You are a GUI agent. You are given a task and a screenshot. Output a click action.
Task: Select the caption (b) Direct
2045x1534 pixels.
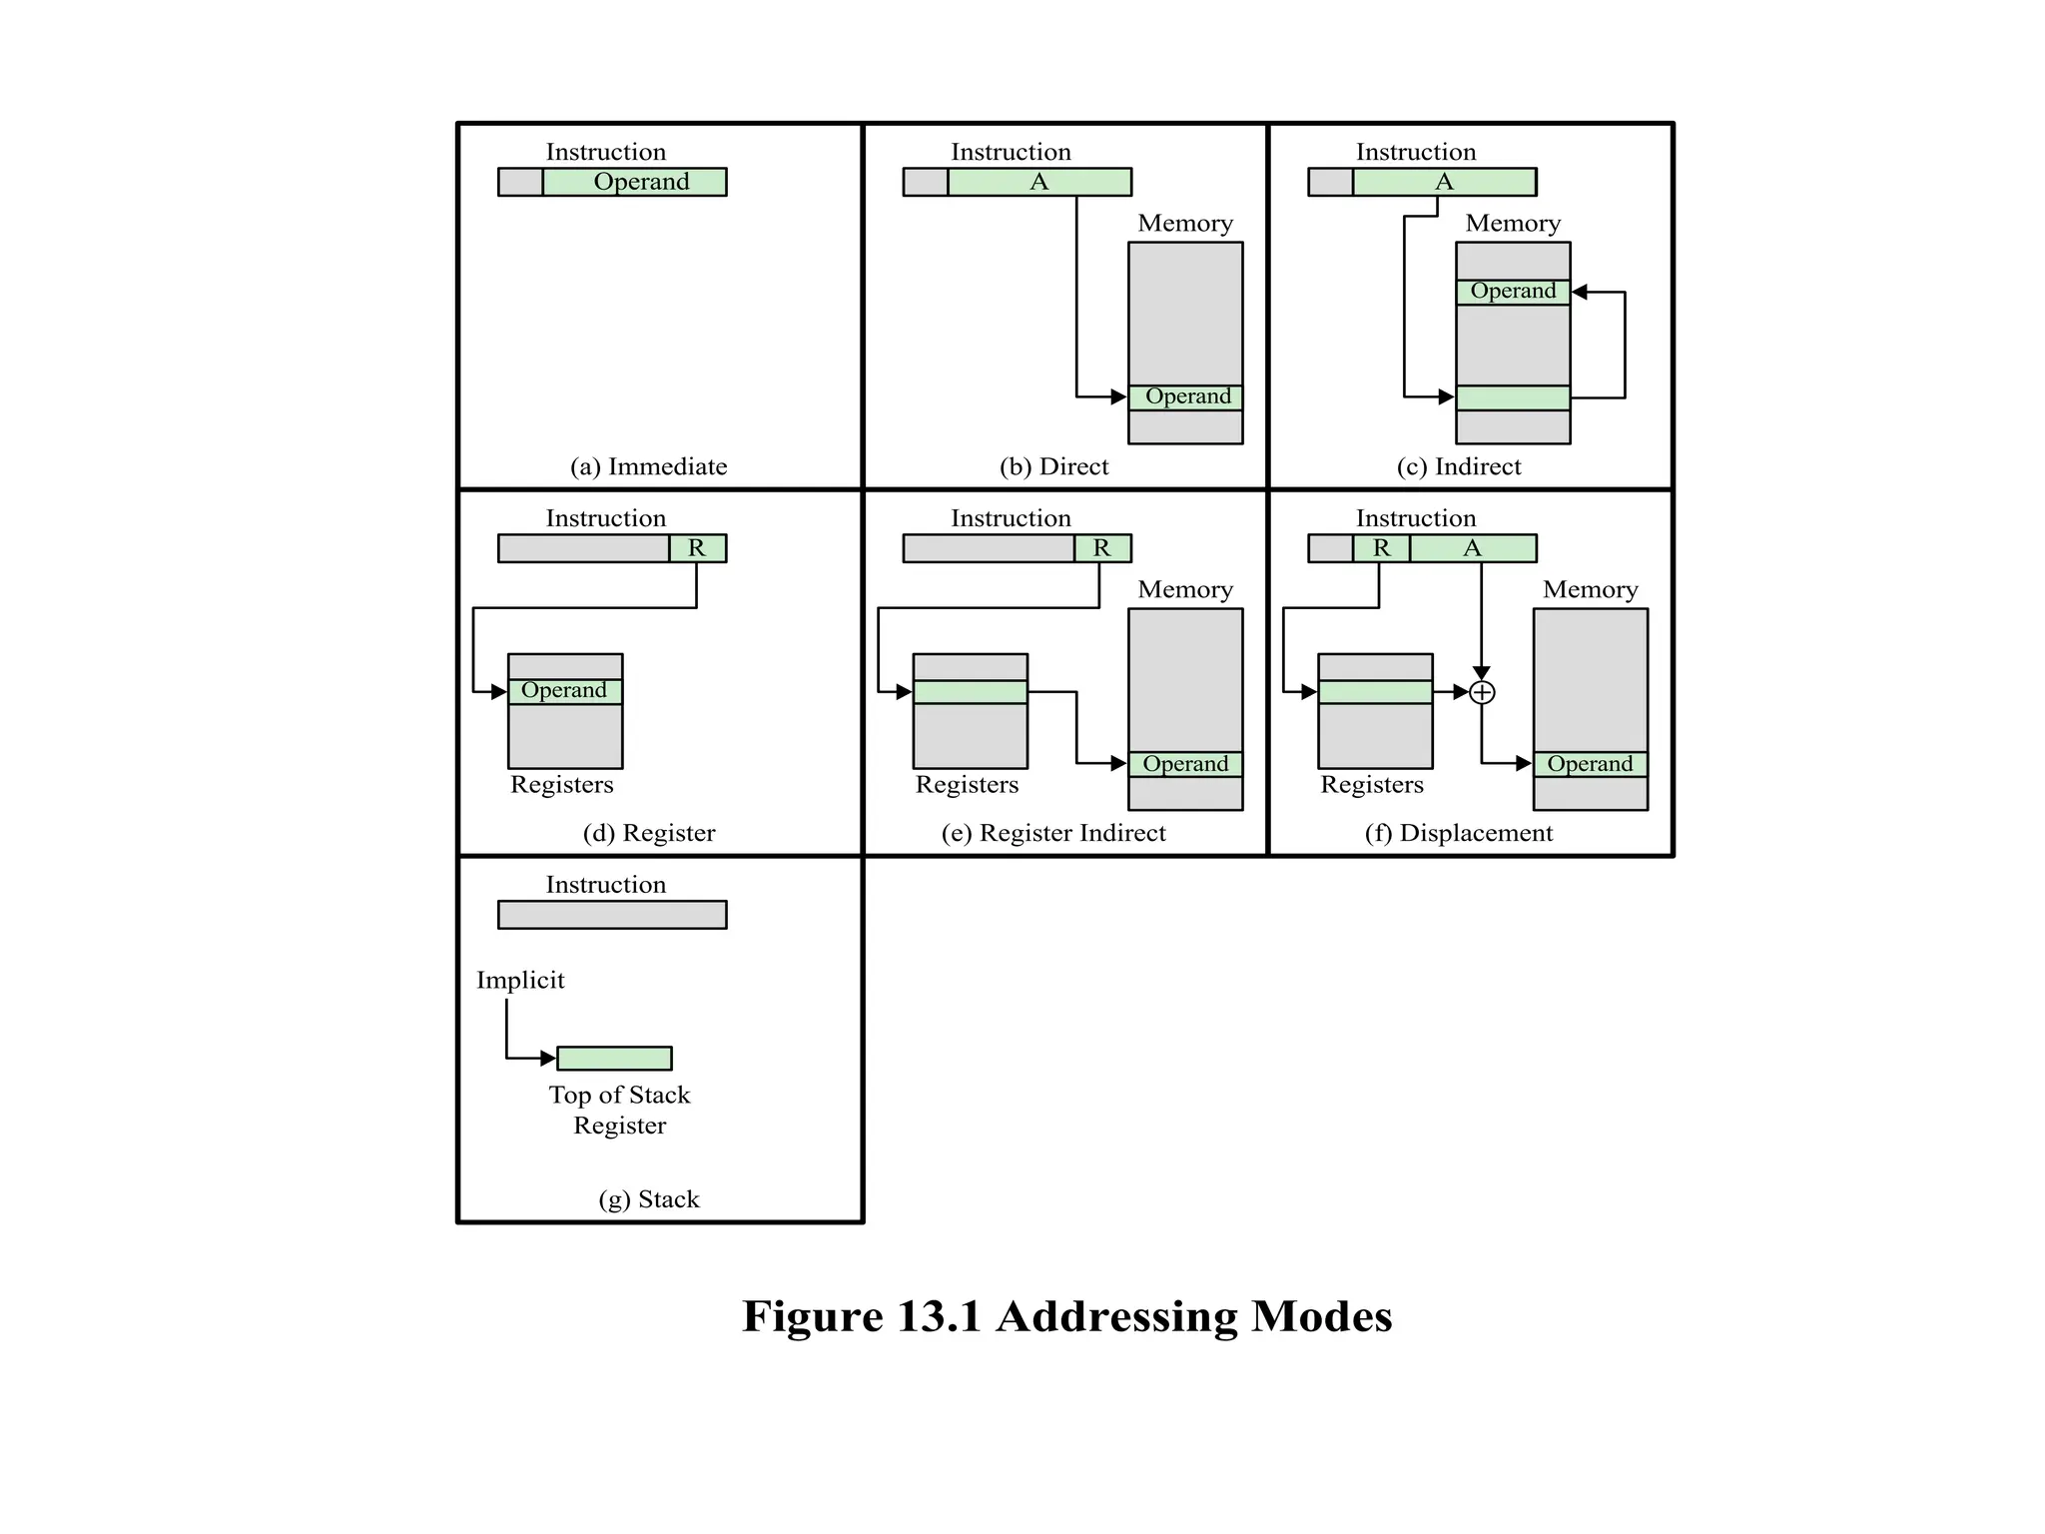pyautogui.click(x=1053, y=466)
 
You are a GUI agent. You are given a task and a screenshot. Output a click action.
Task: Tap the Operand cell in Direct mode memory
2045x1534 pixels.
pyautogui.click(x=1186, y=397)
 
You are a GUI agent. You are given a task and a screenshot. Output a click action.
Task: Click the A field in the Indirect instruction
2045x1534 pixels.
pyautogui.click(x=1444, y=182)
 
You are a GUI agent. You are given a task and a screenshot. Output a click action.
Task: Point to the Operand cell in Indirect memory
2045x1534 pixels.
pyautogui.click(x=1513, y=292)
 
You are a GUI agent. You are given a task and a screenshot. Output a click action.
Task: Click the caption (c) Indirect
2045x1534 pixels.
pyautogui.click(x=1458, y=466)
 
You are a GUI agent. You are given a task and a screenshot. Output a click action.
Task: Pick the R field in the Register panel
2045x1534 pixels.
pyautogui.click(x=697, y=548)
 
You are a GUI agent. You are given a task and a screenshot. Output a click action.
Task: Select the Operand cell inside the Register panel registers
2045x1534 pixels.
pyautogui.click(x=565, y=691)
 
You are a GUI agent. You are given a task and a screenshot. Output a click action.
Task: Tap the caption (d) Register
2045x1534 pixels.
pyautogui.click(x=649, y=833)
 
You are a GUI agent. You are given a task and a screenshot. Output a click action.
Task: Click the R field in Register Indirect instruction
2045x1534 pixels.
pyautogui.click(x=1102, y=548)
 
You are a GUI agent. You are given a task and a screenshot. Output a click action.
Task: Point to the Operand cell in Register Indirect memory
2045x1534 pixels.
pyautogui.click(x=1186, y=764)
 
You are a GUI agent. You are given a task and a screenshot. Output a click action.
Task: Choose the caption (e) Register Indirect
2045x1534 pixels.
pyautogui.click(x=1053, y=833)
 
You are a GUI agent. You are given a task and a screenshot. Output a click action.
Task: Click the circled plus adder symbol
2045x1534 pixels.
pyautogui.click(x=1483, y=692)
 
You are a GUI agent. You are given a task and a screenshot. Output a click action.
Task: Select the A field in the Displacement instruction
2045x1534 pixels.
pyautogui.click(x=1473, y=548)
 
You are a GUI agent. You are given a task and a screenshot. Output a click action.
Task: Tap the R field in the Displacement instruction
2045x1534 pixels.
pyautogui.click(x=1382, y=548)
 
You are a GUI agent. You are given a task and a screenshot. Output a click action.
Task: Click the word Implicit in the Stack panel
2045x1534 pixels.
pyautogui.click(x=520, y=980)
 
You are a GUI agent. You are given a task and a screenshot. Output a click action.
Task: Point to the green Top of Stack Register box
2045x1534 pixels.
pyautogui.click(x=614, y=1058)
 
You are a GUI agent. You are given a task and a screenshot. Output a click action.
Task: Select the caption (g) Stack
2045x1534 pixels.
pyautogui.click(x=649, y=1199)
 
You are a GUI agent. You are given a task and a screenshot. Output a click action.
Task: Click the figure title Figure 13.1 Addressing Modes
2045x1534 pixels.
pyautogui.click(x=1066, y=1316)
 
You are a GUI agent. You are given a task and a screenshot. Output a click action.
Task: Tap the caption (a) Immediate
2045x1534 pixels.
pyautogui.click(x=648, y=466)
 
